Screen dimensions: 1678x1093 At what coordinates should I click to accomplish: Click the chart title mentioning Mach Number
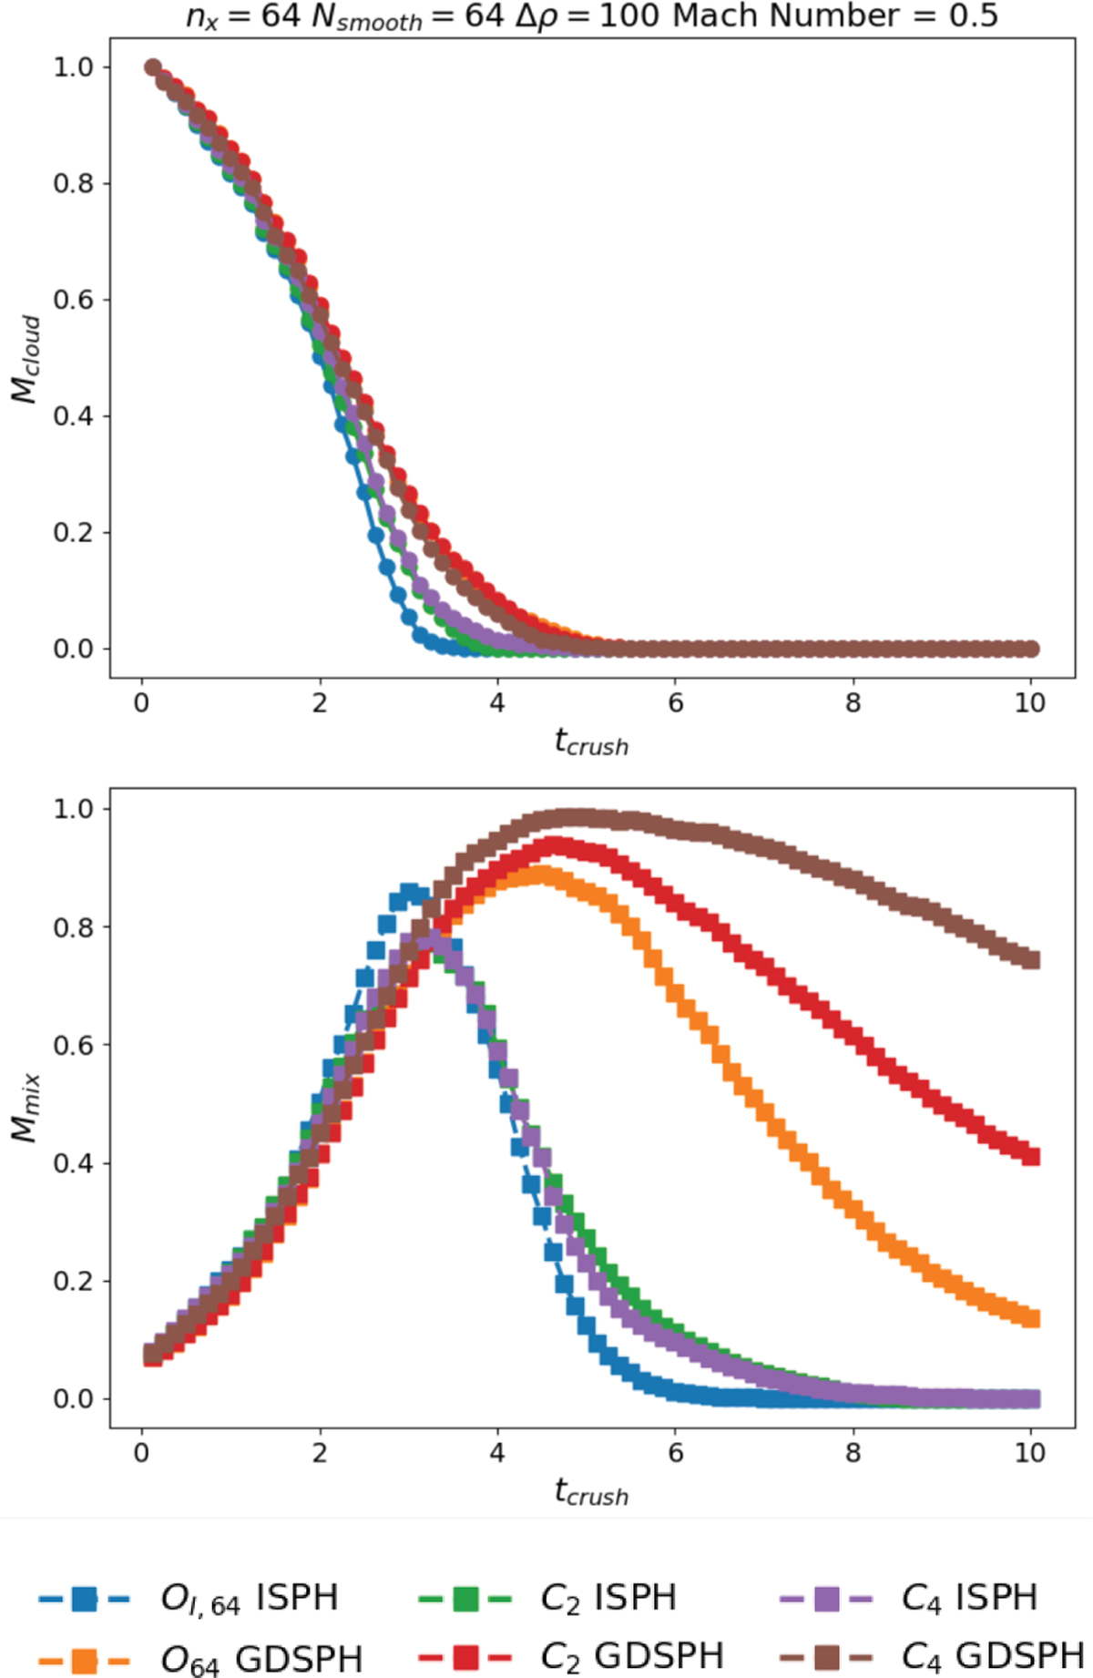point(592,15)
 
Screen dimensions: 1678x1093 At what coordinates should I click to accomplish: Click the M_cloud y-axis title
point(26,359)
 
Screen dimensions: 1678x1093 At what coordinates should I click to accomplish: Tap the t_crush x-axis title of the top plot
point(591,743)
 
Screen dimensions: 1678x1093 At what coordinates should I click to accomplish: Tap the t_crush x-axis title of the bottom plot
point(591,1492)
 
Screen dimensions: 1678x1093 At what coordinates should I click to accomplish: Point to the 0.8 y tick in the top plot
point(73,183)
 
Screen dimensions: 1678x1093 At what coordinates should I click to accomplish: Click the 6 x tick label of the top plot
point(675,703)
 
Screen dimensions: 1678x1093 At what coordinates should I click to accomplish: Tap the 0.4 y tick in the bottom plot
point(73,1163)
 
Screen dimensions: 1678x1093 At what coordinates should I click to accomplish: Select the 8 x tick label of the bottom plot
point(853,1452)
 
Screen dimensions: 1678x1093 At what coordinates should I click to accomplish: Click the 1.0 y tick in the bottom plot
point(73,809)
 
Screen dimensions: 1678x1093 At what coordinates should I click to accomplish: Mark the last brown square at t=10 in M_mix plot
point(1030,959)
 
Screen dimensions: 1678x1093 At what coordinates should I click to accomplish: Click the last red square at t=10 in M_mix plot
point(1030,1157)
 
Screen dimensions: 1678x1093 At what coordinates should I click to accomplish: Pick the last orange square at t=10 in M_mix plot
point(1030,1318)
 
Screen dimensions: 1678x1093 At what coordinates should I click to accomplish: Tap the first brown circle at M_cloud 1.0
point(153,67)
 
